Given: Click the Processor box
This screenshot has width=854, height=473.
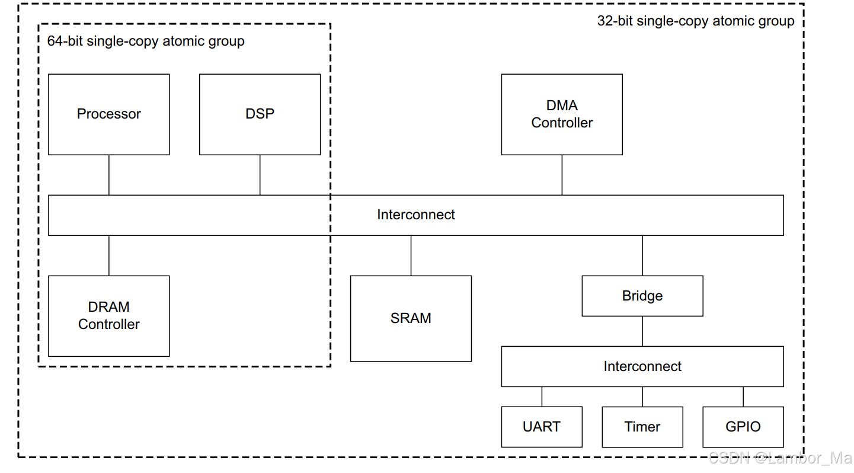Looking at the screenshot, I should click(108, 114).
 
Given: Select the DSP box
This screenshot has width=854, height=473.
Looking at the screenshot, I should click(260, 114).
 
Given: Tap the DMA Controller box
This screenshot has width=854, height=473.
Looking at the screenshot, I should click(562, 114).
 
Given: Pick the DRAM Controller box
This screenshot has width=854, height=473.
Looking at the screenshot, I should click(108, 315).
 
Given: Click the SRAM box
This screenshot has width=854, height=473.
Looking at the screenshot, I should click(411, 318).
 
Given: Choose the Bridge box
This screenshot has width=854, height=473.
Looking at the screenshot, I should click(642, 296).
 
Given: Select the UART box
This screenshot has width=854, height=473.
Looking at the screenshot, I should click(542, 427).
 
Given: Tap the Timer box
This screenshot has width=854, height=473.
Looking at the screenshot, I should click(642, 427).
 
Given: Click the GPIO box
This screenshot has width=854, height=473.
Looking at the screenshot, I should click(743, 427).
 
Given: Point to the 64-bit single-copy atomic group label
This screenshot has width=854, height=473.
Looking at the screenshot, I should click(146, 41).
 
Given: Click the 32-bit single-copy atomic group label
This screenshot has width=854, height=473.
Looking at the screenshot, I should click(696, 21).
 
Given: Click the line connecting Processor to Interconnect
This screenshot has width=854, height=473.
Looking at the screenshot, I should click(109, 175).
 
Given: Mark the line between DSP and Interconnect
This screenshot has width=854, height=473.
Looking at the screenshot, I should click(260, 175).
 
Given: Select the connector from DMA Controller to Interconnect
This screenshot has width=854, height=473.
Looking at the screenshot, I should click(562, 175).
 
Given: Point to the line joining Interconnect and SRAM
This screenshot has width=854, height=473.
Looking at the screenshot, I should click(411, 255).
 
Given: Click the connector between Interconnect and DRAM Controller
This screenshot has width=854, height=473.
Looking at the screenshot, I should click(109, 255).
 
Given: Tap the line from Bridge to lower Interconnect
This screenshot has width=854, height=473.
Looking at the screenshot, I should click(642, 331).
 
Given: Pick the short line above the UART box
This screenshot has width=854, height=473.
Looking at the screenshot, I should click(542, 397).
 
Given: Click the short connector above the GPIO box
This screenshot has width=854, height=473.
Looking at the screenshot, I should click(743, 397).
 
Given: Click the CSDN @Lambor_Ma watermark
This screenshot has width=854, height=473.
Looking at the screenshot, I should click(779, 458).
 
